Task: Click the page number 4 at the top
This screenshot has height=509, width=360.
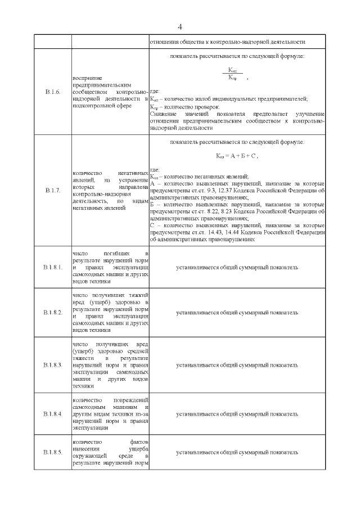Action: [180, 27]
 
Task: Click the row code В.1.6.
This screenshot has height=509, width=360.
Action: [52, 92]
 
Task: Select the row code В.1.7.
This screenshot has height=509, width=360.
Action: [52, 191]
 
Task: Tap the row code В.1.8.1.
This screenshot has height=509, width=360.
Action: [52, 267]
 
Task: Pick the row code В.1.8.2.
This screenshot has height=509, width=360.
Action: [52, 312]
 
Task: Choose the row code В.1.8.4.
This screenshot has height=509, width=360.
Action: [52, 414]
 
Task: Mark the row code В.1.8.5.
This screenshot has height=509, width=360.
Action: [52, 452]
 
